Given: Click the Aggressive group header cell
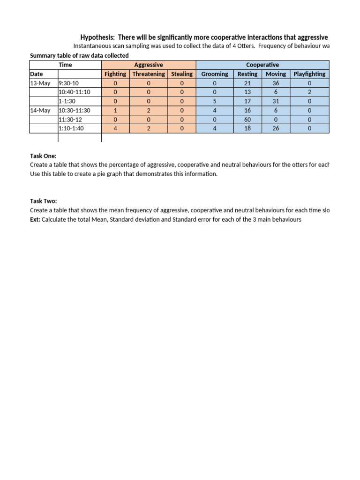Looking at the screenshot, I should click(x=148, y=65).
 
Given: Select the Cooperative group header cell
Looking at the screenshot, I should click(x=262, y=65).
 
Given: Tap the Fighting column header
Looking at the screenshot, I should click(x=115, y=74).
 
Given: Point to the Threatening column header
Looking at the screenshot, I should click(x=149, y=74).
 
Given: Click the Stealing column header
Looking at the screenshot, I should click(x=181, y=74).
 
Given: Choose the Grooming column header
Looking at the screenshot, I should click(x=215, y=74).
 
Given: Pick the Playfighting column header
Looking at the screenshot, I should click(x=309, y=74).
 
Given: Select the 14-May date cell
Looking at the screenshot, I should click(x=40, y=110).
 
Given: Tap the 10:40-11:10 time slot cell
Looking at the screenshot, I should click(x=75, y=92).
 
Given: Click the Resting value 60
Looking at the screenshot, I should click(x=247, y=120).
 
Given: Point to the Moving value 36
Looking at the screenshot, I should click(x=276, y=83).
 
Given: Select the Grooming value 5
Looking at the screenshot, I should click(x=215, y=101).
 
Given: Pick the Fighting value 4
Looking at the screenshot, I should click(x=115, y=128).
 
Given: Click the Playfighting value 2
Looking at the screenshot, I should click(x=309, y=92).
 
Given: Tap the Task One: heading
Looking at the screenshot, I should click(x=43, y=156).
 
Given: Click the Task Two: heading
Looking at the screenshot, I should click(x=43, y=201).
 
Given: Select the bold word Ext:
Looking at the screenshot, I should click(x=35, y=219).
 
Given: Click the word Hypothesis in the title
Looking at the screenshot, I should click(x=98, y=37).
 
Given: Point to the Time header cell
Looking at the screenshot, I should click(x=66, y=65).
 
